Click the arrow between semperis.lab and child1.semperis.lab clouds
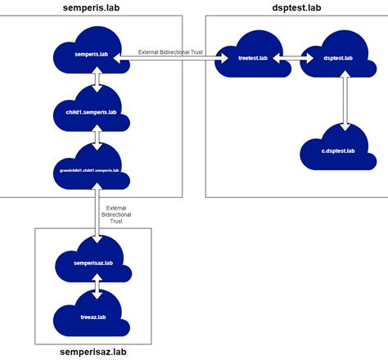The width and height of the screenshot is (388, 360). tap(97, 80)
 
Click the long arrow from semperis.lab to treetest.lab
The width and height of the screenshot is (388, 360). tap(172, 57)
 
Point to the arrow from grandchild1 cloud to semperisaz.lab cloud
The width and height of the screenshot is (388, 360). tap(97, 213)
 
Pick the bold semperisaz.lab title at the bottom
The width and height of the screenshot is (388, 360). tap(94, 352)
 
